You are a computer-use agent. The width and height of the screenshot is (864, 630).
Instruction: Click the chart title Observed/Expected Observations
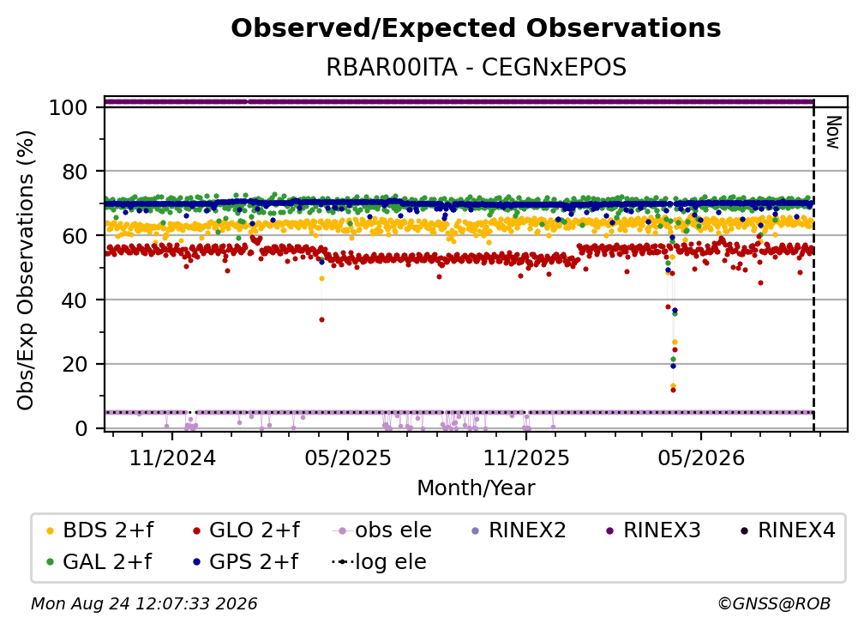[x=476, y=28]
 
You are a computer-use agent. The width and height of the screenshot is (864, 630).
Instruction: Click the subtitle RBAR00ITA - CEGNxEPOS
[x=476, y=68]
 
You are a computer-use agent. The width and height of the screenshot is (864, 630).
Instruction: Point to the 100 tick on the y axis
[x=69, y=107]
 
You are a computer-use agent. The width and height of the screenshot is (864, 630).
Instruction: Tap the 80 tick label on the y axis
[x=75, y=172]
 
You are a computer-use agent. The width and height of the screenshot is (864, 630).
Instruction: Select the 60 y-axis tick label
[x=75, y=235]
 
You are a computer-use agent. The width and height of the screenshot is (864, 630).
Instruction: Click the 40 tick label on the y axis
[x=75, y=300]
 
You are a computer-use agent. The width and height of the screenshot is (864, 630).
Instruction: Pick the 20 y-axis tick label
[x=75, y=364]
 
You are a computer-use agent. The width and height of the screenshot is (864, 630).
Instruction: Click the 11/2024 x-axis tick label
[x=172, y=457]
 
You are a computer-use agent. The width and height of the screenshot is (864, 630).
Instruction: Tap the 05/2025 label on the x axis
[x=348, y=457]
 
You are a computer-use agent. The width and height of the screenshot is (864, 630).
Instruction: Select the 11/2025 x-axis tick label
[x=526, y=457]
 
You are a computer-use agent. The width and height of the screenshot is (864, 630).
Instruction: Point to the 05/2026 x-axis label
[x=701, y=457]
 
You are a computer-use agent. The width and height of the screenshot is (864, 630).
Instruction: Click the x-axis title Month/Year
[x=476, y=488]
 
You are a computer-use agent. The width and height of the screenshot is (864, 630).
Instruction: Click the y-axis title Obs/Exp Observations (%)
[x=26, y=270]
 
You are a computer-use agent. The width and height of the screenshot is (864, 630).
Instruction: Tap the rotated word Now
[x=833, y=132]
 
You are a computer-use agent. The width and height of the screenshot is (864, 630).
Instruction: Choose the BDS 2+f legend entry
[x=100, y=530]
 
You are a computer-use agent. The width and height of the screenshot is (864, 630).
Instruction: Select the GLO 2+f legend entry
[x=246, y=530]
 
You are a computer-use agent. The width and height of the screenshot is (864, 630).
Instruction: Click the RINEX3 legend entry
[x=653, y=530]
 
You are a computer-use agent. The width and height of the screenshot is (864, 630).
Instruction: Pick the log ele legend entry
[x=379, y=562]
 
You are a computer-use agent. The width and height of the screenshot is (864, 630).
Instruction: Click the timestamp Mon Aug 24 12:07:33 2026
[x=144, y=603]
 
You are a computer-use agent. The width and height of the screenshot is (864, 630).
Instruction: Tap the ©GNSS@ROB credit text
[x=774, y=603]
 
